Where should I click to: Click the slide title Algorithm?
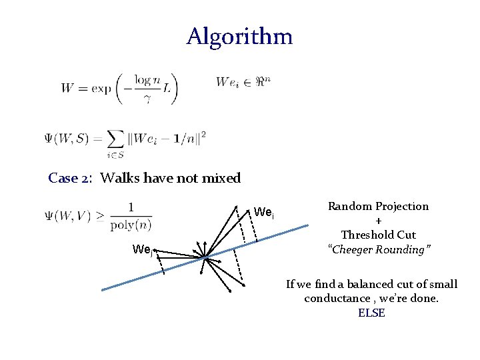tap(239, 37)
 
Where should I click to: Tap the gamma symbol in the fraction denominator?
tap(147, 98)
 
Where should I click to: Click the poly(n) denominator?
tap(131, 224)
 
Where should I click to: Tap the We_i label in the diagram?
tap(263, 213)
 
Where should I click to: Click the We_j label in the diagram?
tap(143, 250)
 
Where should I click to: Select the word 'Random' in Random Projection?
tap(349, 206)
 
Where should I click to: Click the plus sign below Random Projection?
tap(378, 221)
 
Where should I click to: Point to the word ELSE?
tap(371, 313)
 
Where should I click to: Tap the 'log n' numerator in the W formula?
tap(147, 79)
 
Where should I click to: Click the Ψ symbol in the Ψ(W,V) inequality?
tap(49, 215)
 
